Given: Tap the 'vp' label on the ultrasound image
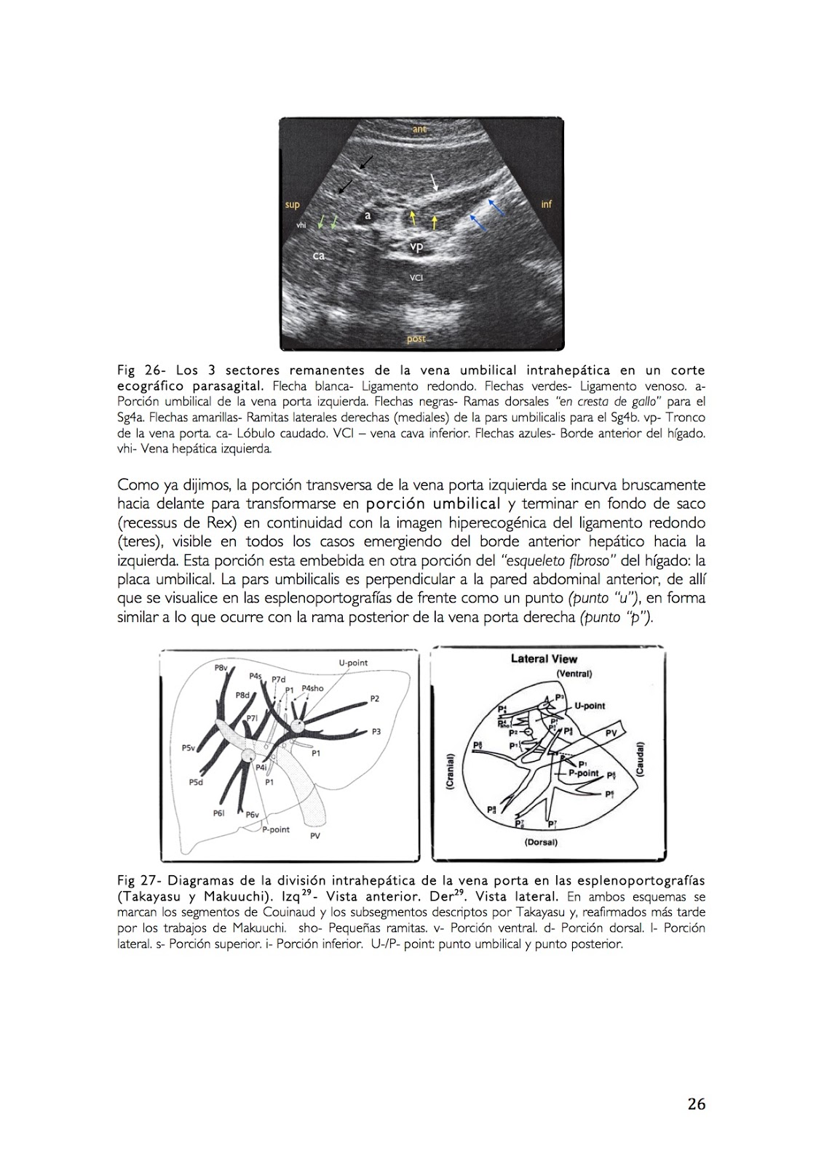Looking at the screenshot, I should pyautogui.click(x=416, y=247).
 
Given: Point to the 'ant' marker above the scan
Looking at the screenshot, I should pyautogui.click(x=419, y=129).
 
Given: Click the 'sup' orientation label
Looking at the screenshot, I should pyautogui.click(x=292, y=204).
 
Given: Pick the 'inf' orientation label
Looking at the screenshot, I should pyautogui.click(x=547, y=204).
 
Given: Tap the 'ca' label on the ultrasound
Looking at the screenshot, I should pyautogui.click(x=319, y=255).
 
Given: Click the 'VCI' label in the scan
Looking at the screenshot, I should pyautogui.click(x=416, y=277).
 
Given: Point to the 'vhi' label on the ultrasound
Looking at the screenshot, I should pyautogui.click(x=301, y=226).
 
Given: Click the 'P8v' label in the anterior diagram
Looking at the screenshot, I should pyautogui.click(x=221, y=667).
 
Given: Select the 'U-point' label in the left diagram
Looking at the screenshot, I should pyautogui.click(x=353, y=663).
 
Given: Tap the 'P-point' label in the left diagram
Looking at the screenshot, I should pyautogui.click(x=276, y=829).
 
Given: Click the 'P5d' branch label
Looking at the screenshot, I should pyautogui.click(x=196, y=782).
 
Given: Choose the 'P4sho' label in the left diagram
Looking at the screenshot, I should pyautogui.click(x=312, y=688).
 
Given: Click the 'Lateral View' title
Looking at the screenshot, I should pyautogui.click(x=544, y=659).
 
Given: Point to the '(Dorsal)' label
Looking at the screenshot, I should pyautogui.click(x=540, y=842).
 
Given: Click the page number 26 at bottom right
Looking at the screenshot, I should pyautogui.click(x=696, y=1104).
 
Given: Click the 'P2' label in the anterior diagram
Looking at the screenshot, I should pyautogui.click(x=374, y=698).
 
